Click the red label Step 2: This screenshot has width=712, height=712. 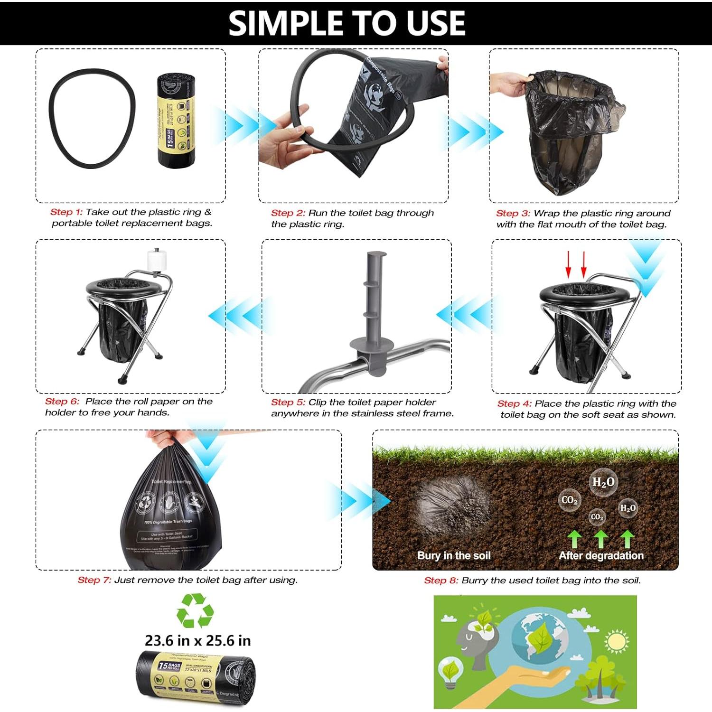coord(288,213)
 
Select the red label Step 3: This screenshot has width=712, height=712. coord(513,214)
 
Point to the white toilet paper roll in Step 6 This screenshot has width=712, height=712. coord(157,260)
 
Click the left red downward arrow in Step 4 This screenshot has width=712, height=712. coord(569,265)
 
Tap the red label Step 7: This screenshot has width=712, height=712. coord(94,580)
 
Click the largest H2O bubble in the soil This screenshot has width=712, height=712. coord(603,482)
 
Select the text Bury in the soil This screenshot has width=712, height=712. coord(454,556)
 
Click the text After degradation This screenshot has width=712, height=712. coord(601,556)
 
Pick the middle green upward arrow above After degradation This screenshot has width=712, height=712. coord(601,539)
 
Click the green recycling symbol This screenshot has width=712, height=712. coord(195,610)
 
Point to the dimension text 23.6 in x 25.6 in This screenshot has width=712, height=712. coord(197,641)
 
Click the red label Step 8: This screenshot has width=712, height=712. coord(441,581)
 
